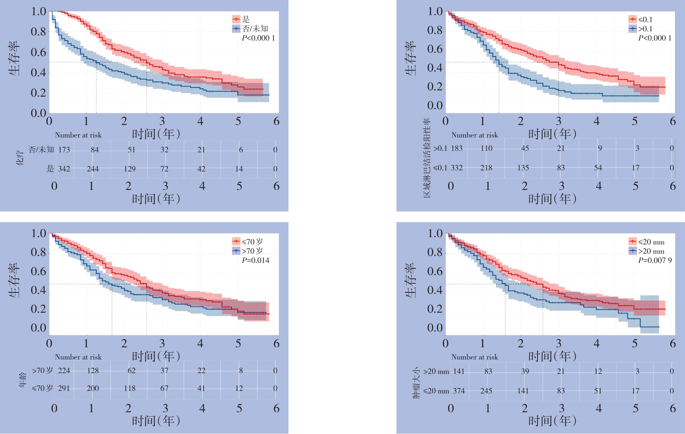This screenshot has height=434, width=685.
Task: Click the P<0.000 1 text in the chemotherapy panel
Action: [x=258, y=38]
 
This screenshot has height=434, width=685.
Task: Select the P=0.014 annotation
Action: [x=255, y=260]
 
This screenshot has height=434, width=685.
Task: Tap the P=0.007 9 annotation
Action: [x=655, y=260]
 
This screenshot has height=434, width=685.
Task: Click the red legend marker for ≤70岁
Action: [x=236, y=242]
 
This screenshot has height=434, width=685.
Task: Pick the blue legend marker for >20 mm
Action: [x=633, y=251]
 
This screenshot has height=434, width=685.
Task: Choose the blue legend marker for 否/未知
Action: [x=236, y=28]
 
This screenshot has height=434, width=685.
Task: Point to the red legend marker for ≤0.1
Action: [x=633, y=19]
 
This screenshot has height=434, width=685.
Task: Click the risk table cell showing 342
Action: [x=64, y=169]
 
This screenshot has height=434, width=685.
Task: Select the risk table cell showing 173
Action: [x=64, y=150]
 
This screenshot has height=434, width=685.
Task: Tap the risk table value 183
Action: [x=457, y=148]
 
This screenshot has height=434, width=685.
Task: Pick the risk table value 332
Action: [x=457, y=168]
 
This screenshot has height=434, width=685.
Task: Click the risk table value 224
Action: [x=64, y=371]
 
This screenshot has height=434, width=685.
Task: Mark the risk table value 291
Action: [x=64, y=388]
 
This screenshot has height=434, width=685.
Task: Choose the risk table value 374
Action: [x=459, y=391]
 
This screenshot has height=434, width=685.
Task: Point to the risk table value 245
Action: [x=486, y=391]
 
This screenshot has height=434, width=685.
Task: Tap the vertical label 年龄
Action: [x=23, y=380]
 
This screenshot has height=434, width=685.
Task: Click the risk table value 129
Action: [x=129, y=169]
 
